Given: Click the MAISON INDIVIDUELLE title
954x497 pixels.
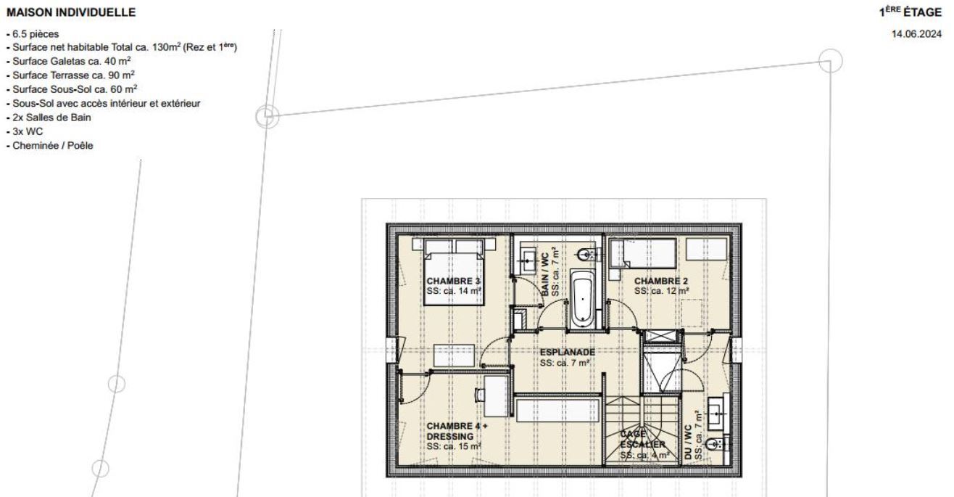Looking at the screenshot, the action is click(x=71, y=12).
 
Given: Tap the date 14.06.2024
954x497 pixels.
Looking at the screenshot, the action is click(x=916, y=34).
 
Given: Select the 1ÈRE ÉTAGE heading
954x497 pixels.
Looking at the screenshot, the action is click(x=910, y=12).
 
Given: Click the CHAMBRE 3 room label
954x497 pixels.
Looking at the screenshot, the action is click(x=453, y=281).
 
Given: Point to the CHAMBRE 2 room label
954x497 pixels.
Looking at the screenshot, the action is click(x=661, y=281).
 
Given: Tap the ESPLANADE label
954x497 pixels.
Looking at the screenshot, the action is click(x=568, y=352).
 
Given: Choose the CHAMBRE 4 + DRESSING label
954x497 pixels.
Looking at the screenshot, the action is click(x=457, y=431).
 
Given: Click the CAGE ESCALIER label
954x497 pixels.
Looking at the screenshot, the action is click(x=642, y=439).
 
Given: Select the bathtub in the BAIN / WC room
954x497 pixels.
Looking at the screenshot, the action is click(x=582, y=299).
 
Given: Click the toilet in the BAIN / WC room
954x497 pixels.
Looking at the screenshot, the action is click(x=587, y=255).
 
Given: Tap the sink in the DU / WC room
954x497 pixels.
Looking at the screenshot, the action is click(x=719, y=414).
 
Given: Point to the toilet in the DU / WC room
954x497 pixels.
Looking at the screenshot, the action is click(x=718, y=445).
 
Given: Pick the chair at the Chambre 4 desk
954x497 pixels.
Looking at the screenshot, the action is click(x=481, y=395).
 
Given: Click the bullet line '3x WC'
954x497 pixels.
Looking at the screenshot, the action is click(x=25, y=131).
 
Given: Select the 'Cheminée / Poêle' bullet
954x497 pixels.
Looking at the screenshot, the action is click(x=49, y=145).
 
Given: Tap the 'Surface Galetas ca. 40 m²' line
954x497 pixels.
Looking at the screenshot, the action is click(x=69, y=61).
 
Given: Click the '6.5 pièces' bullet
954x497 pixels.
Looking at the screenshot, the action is click(x=33, y=33).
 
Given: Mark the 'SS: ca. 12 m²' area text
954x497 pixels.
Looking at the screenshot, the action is click(x=662, y=291).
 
